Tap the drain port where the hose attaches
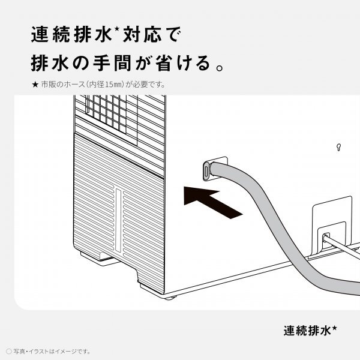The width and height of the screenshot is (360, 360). [207, 170]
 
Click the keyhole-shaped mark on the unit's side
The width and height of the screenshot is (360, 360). [338, 147]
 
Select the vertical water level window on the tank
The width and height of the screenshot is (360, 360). [118, 220]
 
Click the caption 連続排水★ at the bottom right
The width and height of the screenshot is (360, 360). [310, 331]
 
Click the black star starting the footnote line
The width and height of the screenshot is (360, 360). [35, 85]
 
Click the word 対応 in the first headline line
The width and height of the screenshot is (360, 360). [142, 34]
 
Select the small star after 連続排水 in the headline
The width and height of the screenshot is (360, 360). [116, 29]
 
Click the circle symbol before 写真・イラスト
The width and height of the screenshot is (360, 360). [9, 351]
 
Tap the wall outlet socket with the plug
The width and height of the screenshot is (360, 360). [326, 239]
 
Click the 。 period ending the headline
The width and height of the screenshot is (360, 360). [220, 68]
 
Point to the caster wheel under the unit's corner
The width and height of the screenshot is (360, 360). [170, 298]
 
